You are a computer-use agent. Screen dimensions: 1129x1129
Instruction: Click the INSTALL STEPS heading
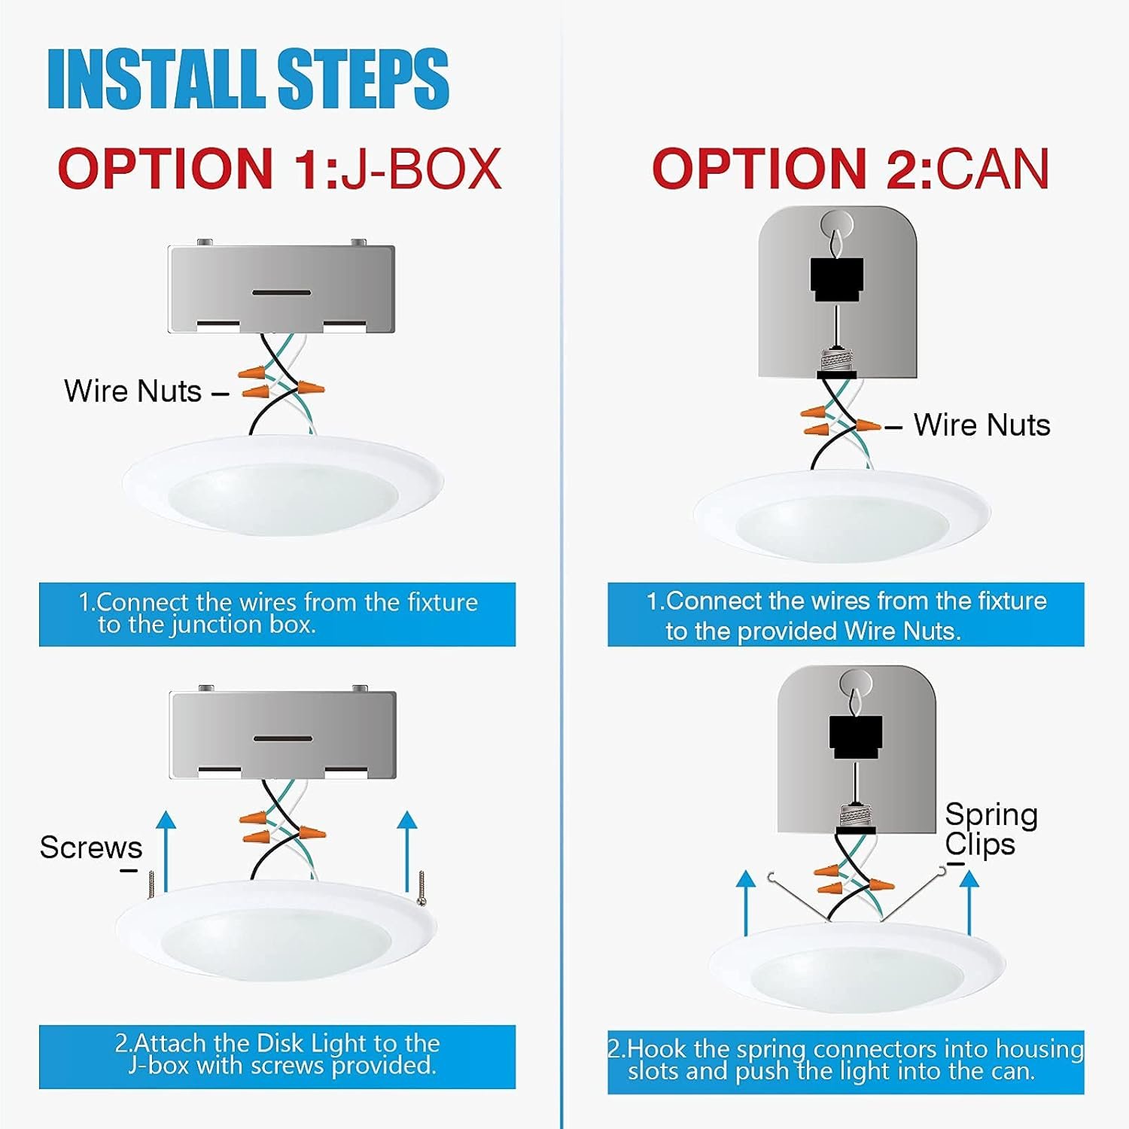tap(248, 79)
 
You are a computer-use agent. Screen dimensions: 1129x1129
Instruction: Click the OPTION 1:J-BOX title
tap(279, 168)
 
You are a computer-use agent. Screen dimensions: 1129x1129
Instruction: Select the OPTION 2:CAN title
tap(851, 168)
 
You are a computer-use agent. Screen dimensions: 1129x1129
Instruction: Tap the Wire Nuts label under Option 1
tap(133, 391)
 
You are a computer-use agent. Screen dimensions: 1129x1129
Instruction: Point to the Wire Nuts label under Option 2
tap(982, 425)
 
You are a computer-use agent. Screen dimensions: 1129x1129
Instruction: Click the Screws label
tap(91, 848)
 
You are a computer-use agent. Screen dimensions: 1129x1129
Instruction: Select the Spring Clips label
tap(991, 829)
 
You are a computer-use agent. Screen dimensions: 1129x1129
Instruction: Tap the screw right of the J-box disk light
tap(421, 887)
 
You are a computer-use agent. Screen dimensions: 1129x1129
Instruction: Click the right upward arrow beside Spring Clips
tap(970, 902)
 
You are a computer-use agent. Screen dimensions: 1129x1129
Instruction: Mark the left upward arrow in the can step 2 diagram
tap(746, 902)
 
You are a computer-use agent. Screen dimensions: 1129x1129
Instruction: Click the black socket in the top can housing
tap(837, 279)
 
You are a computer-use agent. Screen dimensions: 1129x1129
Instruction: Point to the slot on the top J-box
tap(281, 292)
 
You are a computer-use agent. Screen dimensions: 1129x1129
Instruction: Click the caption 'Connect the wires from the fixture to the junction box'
tap(278, 613)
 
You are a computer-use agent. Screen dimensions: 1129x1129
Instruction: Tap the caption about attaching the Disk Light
tap(278, 1054)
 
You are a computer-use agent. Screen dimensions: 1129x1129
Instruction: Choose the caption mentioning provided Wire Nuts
tap(846, 616)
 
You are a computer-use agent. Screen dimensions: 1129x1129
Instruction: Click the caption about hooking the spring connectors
tap(846, 1060)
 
